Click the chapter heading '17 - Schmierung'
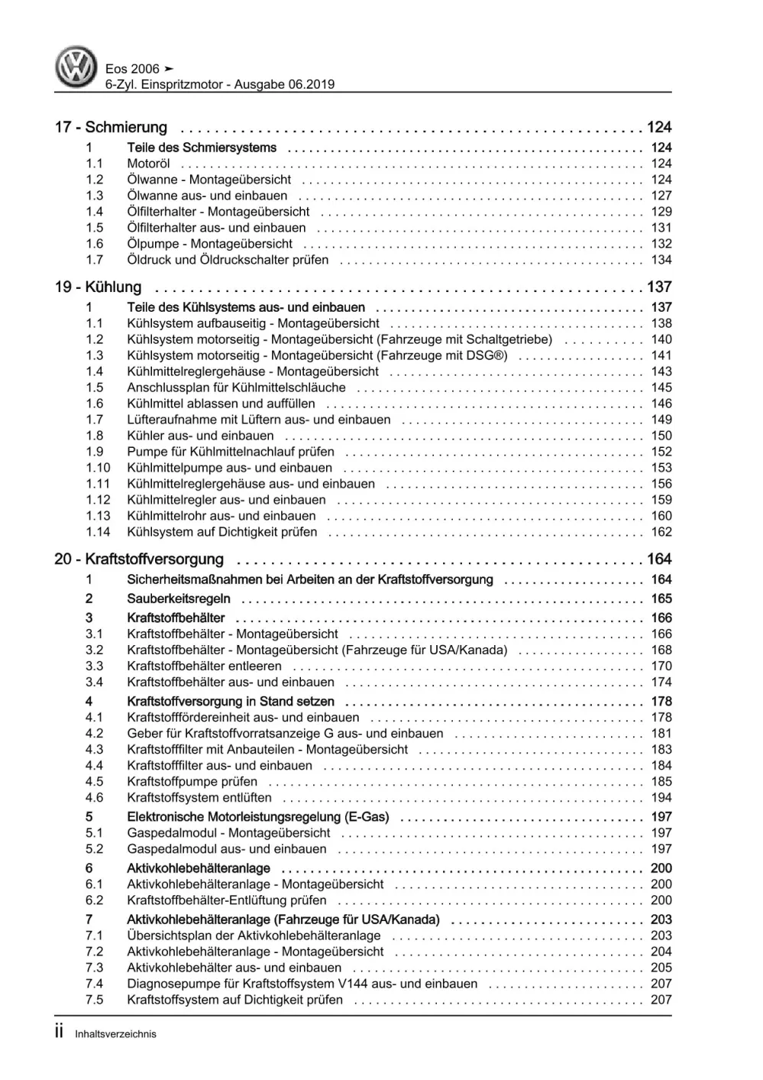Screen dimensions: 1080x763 [111, 128]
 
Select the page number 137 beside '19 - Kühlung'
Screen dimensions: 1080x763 [658, 287]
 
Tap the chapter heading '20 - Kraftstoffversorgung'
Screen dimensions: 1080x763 [139, 559]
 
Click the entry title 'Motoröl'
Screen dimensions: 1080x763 [148, 164]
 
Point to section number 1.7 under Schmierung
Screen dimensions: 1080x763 [94, 260]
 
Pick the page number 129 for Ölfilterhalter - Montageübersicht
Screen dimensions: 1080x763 [661, 212]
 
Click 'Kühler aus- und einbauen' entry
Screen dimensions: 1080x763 [200, 436]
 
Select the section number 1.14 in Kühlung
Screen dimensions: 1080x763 [97, 532]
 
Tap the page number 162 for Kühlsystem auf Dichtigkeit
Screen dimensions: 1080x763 [661, 532]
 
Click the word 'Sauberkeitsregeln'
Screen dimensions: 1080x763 [178, 599]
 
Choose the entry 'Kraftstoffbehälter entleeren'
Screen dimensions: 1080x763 [204, 666]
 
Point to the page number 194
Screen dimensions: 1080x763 [661, 798]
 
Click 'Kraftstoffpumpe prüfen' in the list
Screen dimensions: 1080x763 [192, 782]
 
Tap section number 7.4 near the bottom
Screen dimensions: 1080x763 [94, 984]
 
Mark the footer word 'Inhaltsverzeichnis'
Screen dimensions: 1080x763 [115, 1034]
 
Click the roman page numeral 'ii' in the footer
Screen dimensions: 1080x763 [60, 1033]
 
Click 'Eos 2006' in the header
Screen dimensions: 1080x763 [132, 69]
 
